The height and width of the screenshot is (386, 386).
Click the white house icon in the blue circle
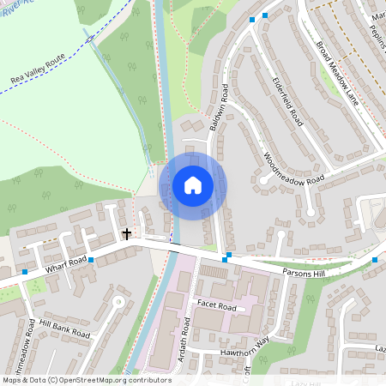193,185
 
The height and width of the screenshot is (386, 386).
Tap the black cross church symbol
127,232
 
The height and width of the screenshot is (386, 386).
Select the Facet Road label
215,305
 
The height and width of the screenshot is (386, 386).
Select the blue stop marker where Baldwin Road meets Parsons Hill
226,258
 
